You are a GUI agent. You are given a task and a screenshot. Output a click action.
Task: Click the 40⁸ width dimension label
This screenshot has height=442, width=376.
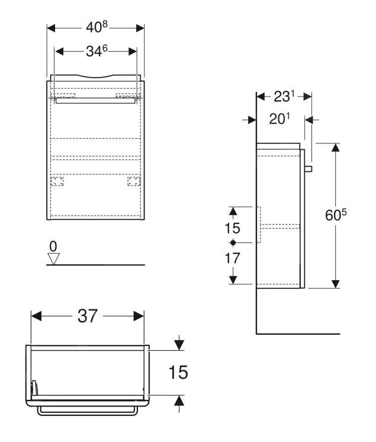pos(95,28)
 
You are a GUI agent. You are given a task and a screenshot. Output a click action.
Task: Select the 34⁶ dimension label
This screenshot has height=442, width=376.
pos(95,52)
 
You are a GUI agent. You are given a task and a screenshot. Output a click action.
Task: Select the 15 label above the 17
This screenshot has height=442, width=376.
pos(233,228)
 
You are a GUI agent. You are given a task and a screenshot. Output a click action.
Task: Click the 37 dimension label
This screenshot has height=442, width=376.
pos(88,316)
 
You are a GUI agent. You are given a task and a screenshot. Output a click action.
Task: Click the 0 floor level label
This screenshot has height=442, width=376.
pos(54,245)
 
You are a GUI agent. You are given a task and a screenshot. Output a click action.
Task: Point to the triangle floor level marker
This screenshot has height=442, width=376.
pos(54,258)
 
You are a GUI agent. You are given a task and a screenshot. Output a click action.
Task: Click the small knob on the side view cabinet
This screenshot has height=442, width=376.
pos(308,169)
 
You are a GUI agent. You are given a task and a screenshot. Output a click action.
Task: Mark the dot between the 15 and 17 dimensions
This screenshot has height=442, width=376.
pos(233,244)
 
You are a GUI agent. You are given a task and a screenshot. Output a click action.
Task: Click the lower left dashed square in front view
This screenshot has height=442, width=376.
pos(57,181)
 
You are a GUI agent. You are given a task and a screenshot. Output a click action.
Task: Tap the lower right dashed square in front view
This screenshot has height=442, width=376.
pos(134,181)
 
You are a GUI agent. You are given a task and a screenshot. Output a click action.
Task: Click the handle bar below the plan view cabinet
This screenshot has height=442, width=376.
pos(88,409)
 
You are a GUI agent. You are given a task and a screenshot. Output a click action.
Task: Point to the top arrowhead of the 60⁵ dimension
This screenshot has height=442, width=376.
pos(335,148)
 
